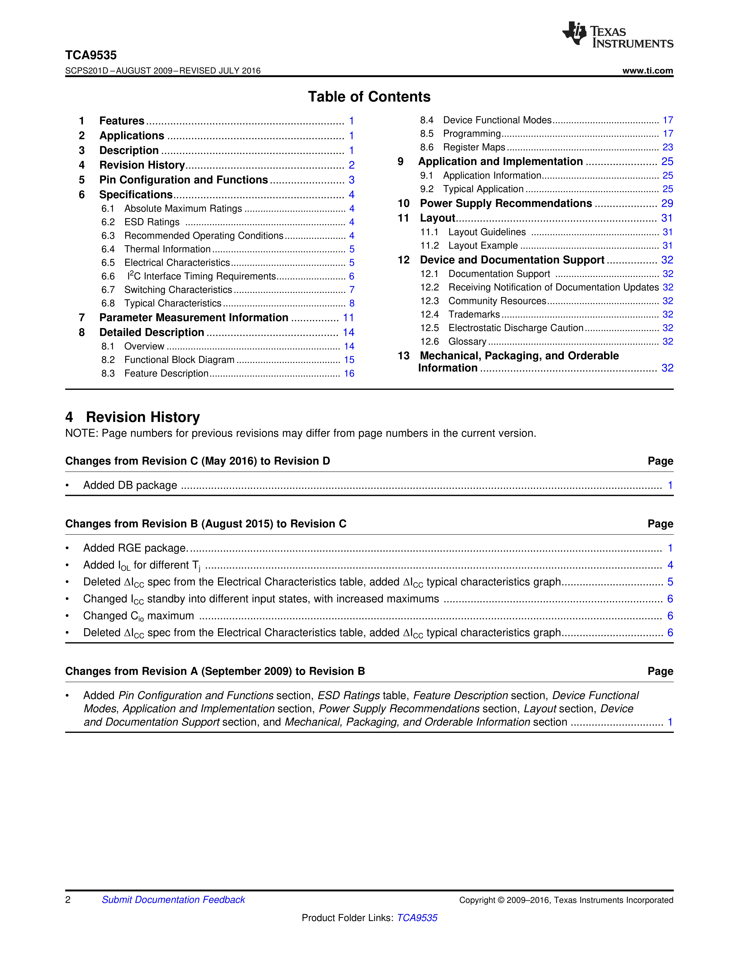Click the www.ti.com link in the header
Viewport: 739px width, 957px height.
pos(647,70)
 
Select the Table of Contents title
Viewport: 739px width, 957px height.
pos(369,97)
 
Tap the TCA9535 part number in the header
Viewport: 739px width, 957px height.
pos(91,55)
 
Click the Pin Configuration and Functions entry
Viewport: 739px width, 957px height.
pos(183,180)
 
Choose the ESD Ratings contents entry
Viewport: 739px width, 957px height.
pos(152,222)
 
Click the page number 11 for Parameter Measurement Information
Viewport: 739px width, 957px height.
pos(348,318)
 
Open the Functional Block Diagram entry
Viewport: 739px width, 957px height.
pos(179,360)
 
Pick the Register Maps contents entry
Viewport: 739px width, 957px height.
pos(474,147)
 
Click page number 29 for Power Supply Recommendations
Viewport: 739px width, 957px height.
pos(667,203)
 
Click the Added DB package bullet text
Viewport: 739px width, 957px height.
pos(130,485)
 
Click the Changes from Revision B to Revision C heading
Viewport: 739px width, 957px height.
pos(206,524)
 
